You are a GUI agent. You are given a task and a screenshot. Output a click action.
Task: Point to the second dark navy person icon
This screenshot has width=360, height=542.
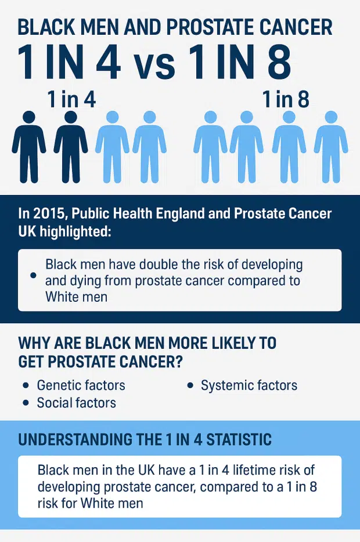(70, 147)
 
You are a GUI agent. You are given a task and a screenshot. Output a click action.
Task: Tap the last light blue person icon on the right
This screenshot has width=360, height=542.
(331, 147)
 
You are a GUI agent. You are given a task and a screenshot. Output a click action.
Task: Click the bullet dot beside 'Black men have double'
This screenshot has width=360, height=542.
(33, 275)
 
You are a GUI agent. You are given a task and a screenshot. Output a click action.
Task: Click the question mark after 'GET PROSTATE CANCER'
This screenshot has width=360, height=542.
(178, 362)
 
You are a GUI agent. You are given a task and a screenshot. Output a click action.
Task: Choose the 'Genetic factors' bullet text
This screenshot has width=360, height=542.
(81, 385)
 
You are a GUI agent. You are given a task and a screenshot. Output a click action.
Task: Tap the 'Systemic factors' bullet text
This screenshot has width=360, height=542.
(249, 385)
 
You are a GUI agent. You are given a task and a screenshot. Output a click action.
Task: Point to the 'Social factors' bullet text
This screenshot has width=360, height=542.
(77, 403)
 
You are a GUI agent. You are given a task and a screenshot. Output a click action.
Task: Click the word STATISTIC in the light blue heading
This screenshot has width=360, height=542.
(239, 439)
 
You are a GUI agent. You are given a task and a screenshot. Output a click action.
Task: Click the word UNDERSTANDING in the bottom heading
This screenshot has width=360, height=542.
(75, 439)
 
